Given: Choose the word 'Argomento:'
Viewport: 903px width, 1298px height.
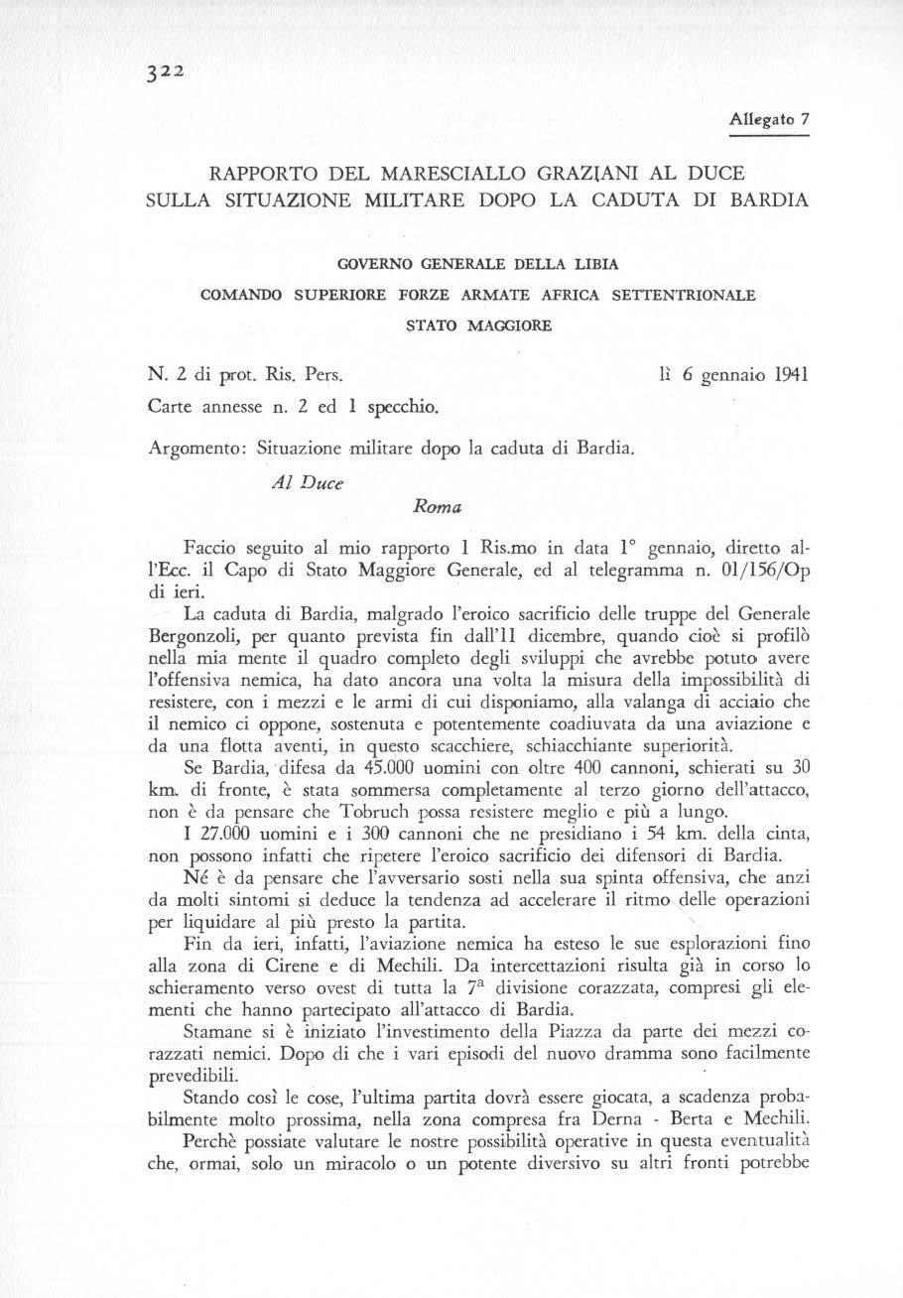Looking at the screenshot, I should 195,449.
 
